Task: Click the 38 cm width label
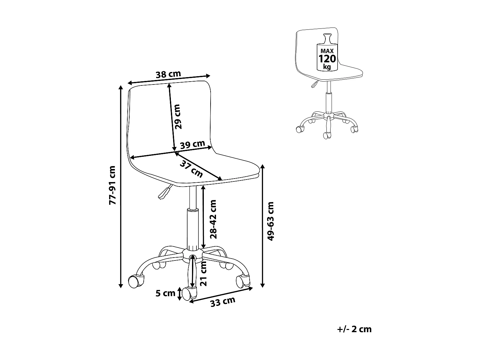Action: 168,74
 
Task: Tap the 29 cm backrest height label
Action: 177,117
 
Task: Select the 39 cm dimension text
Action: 192,145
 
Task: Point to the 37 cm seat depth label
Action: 191,169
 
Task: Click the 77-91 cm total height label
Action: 112,185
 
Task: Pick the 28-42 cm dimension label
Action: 213,219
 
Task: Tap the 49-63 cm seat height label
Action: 270,221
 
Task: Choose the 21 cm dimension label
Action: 204,274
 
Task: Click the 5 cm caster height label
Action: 165,293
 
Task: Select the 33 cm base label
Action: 223,302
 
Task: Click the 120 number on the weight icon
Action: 327,59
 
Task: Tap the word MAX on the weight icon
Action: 327,51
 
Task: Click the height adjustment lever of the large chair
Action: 165,192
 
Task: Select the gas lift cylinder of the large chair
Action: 193,229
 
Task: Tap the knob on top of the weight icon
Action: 327,39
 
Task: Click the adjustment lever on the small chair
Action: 315,84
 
